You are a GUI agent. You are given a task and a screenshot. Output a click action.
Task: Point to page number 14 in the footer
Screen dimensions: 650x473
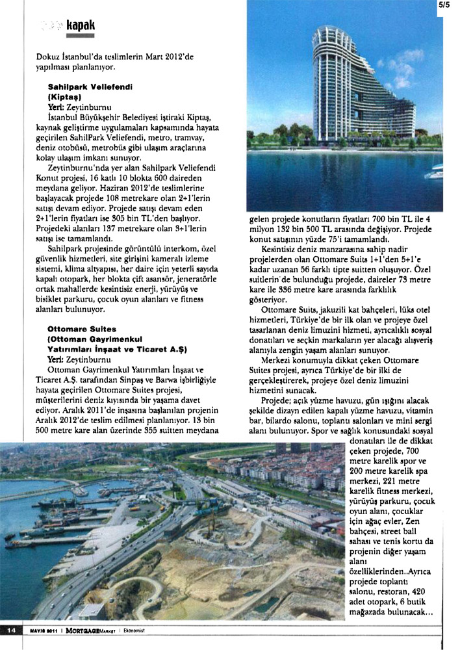(x=11, y=629)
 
